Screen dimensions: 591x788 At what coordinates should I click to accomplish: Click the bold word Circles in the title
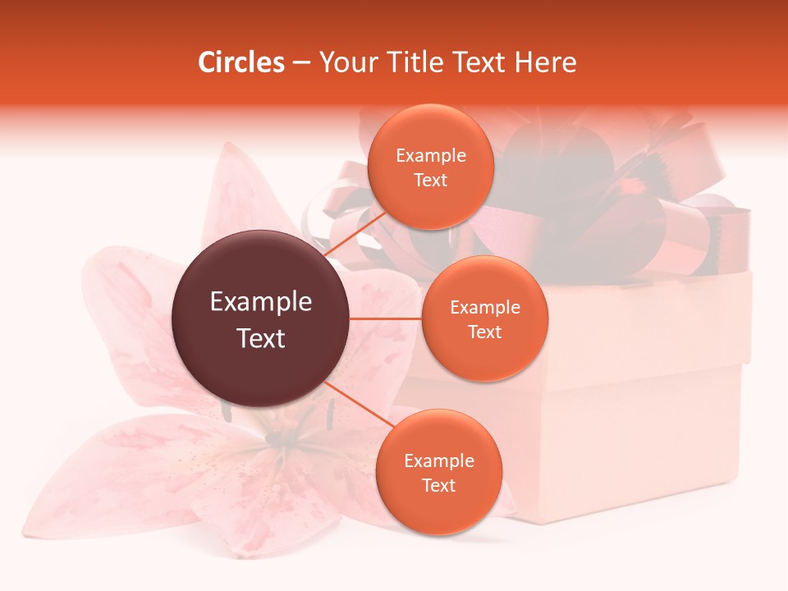pyautogui.click(x=241, y=62)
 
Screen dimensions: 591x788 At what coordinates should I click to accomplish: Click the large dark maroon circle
pyautogui.click(x=261, y=318)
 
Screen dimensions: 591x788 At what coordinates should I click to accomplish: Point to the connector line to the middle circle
pyautogui.click(x=386, y=318)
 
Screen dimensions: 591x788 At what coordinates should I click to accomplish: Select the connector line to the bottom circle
pyautogui.click(x=353, y=402)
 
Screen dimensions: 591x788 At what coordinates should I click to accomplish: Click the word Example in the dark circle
pyautogui.click(x=261, y=302)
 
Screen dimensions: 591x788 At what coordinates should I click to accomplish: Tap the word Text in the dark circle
pyautogui.click(x=261, y=338)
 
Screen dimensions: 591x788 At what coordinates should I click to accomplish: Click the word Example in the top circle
pyautogui.click(x=431, y=156)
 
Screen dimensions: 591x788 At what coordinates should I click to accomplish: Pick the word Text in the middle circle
pyautogui.click(x=485, y=332)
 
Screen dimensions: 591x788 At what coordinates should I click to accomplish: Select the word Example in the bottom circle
pyautogui.click(x=439, y=461)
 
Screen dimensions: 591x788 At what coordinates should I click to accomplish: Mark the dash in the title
pyautogui.click(x=301, y=63)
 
